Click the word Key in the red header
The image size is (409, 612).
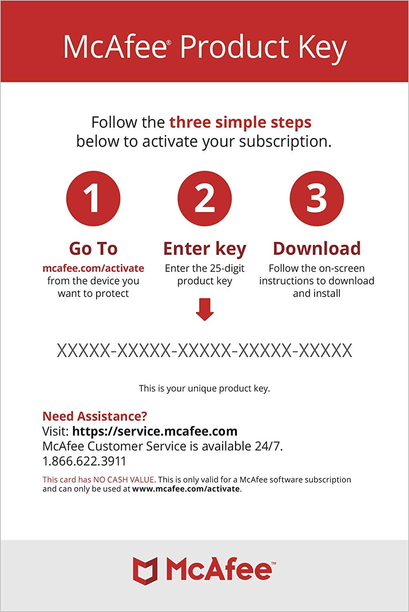322,48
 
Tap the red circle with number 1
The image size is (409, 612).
93,198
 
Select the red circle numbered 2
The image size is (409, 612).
205,198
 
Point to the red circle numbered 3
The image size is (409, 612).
317,198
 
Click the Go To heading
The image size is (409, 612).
93,248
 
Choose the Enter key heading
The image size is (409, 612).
205,249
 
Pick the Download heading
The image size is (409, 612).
317,248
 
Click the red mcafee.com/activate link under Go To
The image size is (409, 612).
93,268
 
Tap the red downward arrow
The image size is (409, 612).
205,309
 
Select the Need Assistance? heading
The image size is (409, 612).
94,416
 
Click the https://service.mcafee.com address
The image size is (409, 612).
155,431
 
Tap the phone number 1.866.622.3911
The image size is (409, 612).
84,461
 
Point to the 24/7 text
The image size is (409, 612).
268,446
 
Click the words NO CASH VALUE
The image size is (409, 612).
123,480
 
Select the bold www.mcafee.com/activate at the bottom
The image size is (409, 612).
186,489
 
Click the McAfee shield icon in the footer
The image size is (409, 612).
145,570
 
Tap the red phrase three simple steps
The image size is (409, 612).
240,122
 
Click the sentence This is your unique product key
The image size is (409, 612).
204,388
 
